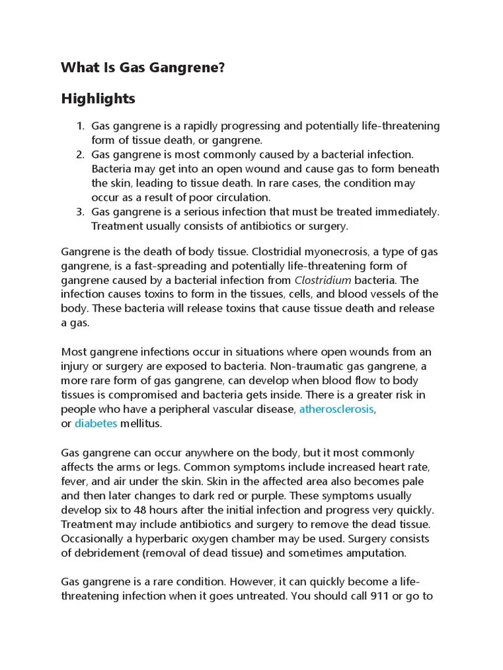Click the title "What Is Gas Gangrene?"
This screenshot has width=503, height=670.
(142, 67)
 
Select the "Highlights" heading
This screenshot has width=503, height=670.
(98, 99)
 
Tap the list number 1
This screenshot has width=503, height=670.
(79, 126)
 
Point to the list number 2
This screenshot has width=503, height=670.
(79, 154)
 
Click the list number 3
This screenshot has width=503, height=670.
(79, 212)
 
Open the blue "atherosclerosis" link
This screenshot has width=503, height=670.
(337, 409)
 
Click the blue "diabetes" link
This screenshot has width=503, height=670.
(96, 423)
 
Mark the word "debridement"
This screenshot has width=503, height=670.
(107, 553)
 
